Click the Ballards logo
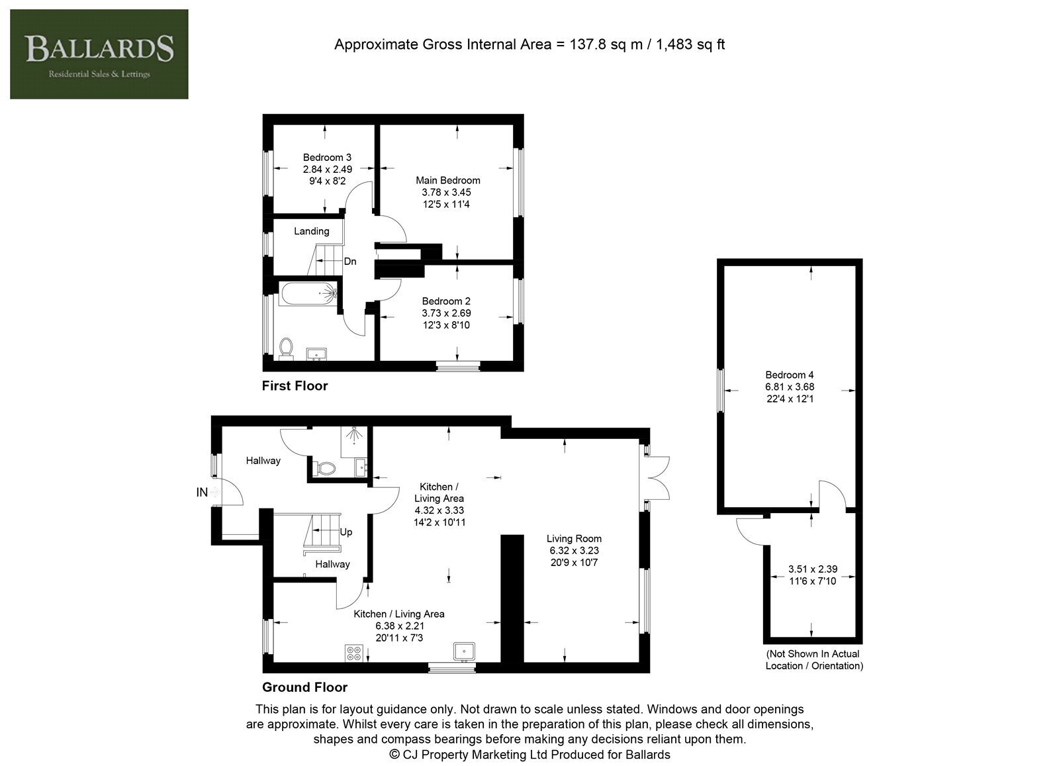tap(99, 54)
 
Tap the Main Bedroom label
tap(447, 180)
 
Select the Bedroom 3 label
tap(327, 158)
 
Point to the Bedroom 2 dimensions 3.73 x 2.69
tap(446, 313)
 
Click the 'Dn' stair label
tap(350, 262)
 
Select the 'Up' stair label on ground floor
tap(346, 532)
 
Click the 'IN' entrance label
tap(202, 492)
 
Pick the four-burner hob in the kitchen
tap(354, 653)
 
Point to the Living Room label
tap(574, 538)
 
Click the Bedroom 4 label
tap(790, 375)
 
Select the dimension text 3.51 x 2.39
tap(813, 569)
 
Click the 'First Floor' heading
tap(295, 386)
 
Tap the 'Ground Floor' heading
tap(305, 687)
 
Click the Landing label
tap(312, 231)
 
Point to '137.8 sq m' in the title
tap(606, 44)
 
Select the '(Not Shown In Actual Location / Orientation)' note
tap(814, 659)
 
